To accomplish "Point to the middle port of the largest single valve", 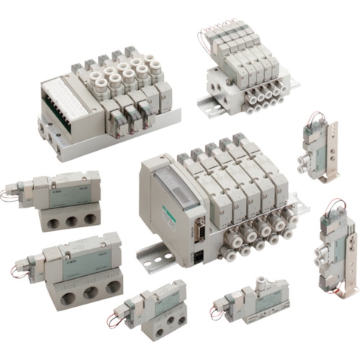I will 88,288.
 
